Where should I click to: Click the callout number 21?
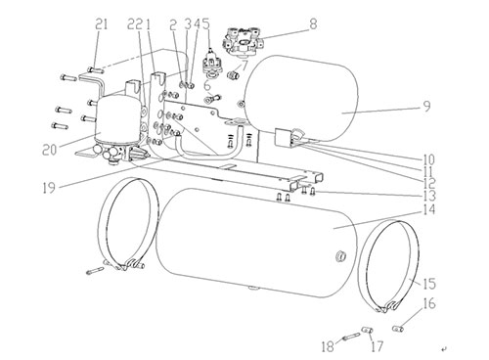click(x=102, y=24)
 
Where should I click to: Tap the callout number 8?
click(x=313, y=23)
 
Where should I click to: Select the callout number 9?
click(x=426, y=107)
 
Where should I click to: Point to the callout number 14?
click(x=429, y=209)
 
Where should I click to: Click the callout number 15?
click(x=429, y=284)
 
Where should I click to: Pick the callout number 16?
click(x=429, y=303)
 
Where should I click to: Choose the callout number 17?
click(x=377, y=346)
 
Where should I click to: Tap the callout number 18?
click(x=328, y=346)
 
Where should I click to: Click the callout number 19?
click(x=49, y=188)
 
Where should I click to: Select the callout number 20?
click(x=50, y=150)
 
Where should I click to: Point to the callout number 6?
click(x=207, y=86)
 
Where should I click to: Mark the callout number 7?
click(x=244, y=65)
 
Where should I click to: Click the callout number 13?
click(x=429, y=196)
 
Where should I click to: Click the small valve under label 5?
click(x=211, y=65)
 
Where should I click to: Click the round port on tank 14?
click(x=339, y=257)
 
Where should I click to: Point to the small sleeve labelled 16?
click(x=399, y=328)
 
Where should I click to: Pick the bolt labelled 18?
click(x=349, y=336)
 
